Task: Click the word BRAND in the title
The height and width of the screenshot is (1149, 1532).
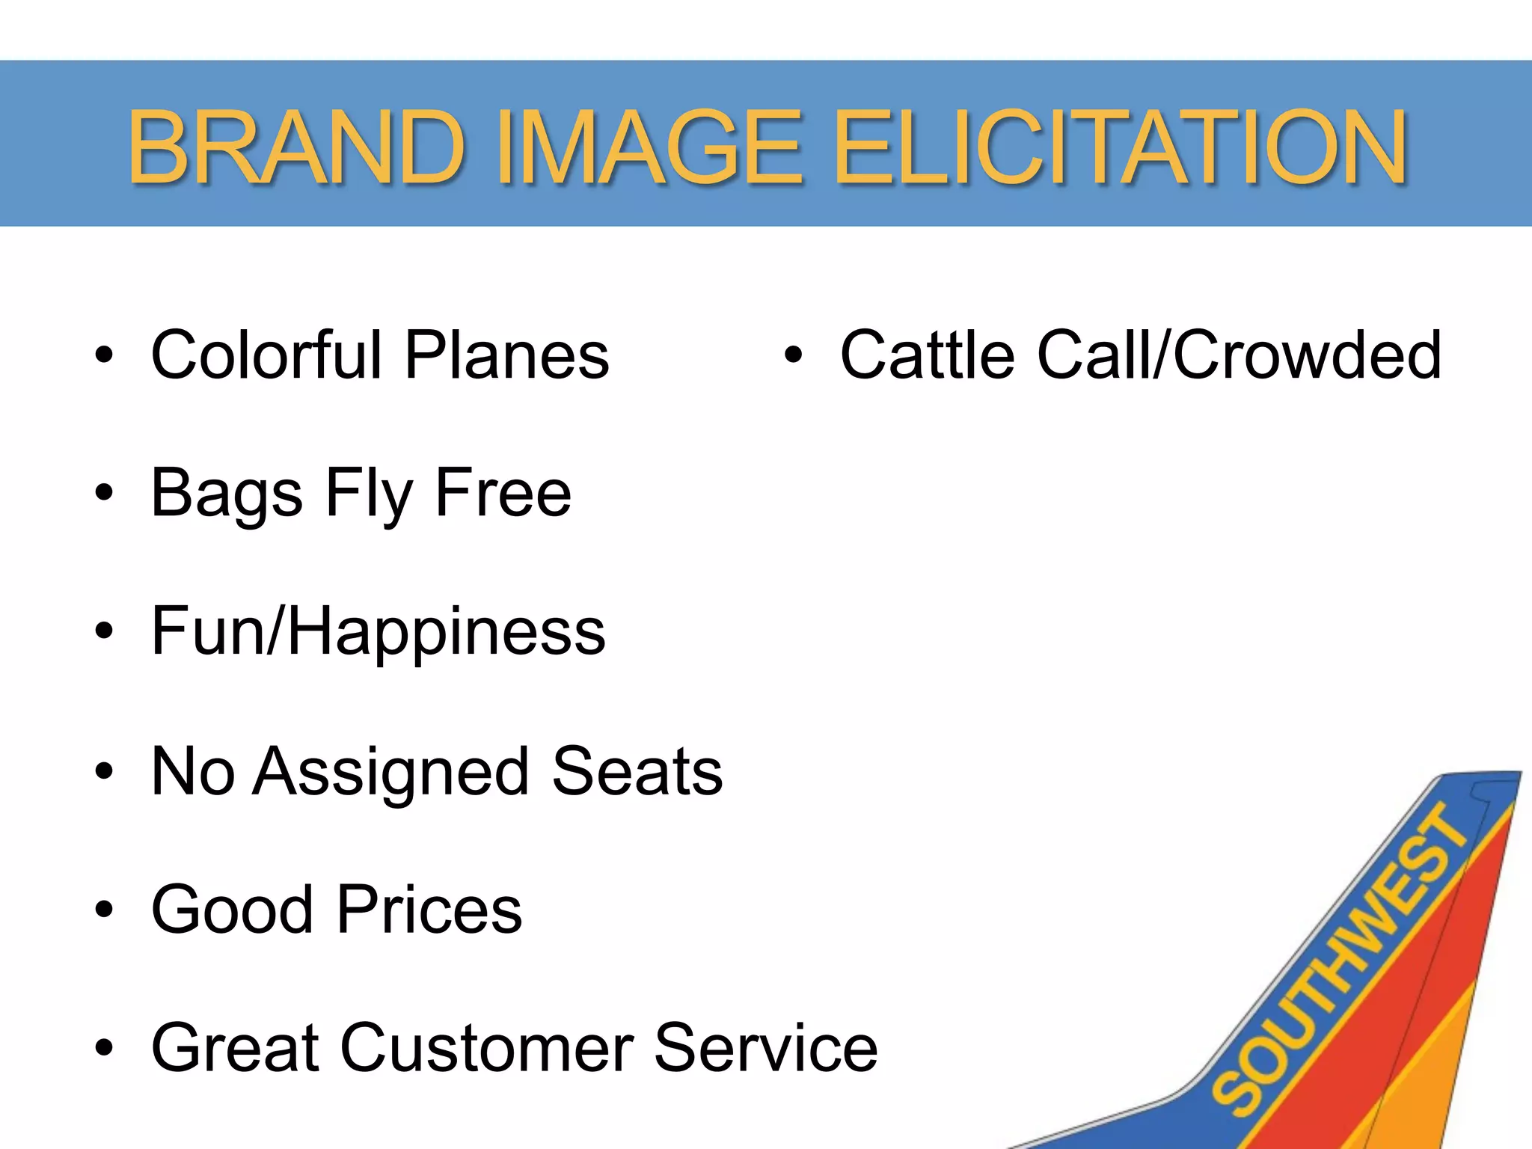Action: [x=296, y=147]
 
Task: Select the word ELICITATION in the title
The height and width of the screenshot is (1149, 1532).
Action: [x=1120, y=147]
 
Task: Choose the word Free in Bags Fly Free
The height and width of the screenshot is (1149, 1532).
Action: [x=503, y=492]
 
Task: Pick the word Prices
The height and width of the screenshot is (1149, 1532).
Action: [x=429, y=910]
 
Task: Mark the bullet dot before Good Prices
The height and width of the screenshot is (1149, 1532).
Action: [x=104, y=910]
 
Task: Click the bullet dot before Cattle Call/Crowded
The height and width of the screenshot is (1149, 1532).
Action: [x=793, y=355]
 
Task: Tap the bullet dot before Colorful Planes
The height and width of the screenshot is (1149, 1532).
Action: [x=104, y=355]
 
